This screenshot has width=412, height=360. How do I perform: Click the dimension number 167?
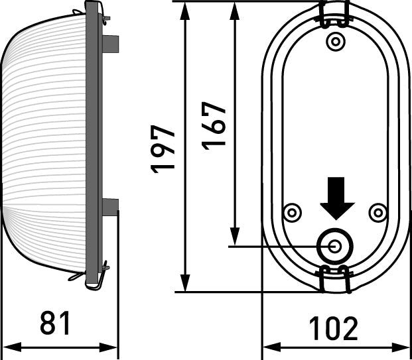[215, 125]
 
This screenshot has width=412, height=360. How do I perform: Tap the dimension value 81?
[56, 324]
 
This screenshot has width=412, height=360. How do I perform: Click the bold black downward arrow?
[337, 198]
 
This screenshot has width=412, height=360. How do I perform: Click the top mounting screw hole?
[336, 42]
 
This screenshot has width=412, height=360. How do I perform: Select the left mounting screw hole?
[291, 213]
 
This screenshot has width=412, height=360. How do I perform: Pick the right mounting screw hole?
[378, 213]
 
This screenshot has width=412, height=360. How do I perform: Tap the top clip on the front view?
[335, 13]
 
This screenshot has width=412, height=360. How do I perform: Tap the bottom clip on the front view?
[335, 278]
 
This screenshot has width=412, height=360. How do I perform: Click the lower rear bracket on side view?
[111, 208]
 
